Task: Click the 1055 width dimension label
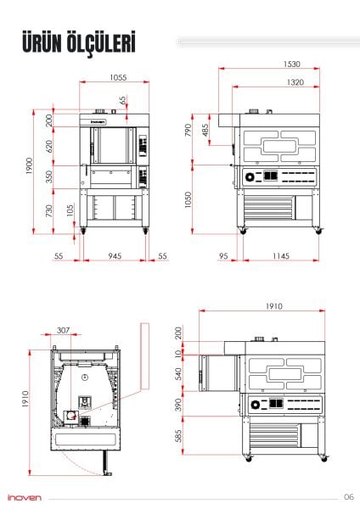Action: [118, 77]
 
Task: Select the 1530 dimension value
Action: [291, 64]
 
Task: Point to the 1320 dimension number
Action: [295, 82]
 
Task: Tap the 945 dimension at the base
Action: [115, 256]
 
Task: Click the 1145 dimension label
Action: [281, 256]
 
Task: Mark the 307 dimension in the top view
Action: [63, 330]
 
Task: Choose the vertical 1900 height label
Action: [29, 165]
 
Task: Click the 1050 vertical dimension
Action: [188, 199]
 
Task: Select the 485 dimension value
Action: [205, 130]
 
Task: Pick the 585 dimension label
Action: [178, 436]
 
